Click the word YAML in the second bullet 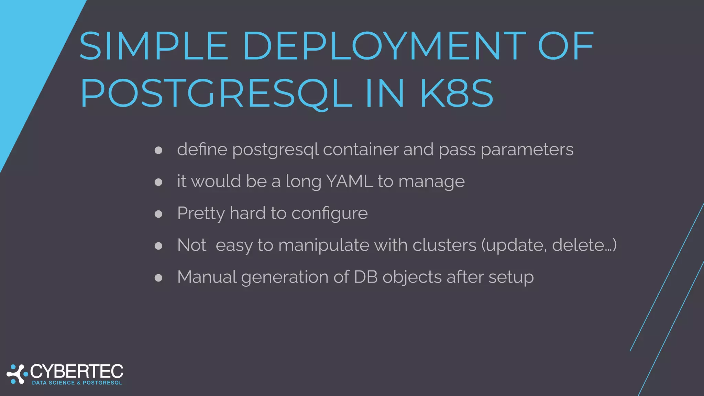349,181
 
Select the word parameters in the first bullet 527,150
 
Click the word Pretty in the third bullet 201,213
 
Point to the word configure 330,213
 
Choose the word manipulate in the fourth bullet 323,245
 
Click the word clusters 444,245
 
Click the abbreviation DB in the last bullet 366,277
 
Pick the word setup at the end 511,277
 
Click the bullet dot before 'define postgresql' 158,150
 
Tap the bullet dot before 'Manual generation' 158,278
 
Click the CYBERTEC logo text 77,372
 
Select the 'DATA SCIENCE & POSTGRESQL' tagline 77,383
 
